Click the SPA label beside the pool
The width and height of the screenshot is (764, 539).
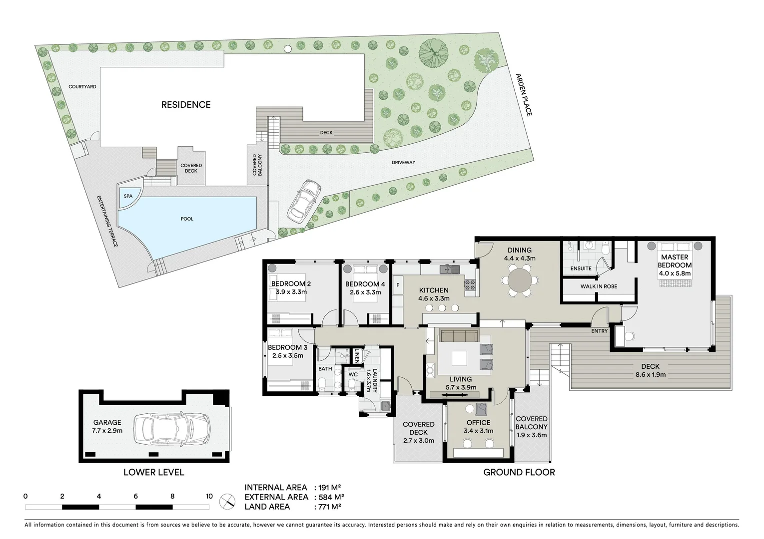(128, 196)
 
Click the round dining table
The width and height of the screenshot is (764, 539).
(520, 280)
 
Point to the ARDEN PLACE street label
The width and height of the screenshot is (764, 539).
(524, 95)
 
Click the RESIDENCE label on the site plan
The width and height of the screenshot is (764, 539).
(186, 105)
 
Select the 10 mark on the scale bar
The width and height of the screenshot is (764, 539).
(209, 496)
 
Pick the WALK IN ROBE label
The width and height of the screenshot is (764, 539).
(599, 286)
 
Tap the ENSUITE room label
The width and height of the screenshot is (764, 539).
(581, 269)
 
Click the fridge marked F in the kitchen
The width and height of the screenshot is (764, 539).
(398, 285)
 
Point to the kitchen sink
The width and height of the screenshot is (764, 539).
(449, 269)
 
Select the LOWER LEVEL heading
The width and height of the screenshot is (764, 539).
(154, 472)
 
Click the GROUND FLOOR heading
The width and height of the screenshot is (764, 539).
(519, 472)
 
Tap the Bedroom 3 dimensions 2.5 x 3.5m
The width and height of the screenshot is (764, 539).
(287, 356)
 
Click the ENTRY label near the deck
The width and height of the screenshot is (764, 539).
(599, 331)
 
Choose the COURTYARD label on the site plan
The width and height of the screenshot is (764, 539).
(82, 87)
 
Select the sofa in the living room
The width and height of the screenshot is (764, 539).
(459, 335)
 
